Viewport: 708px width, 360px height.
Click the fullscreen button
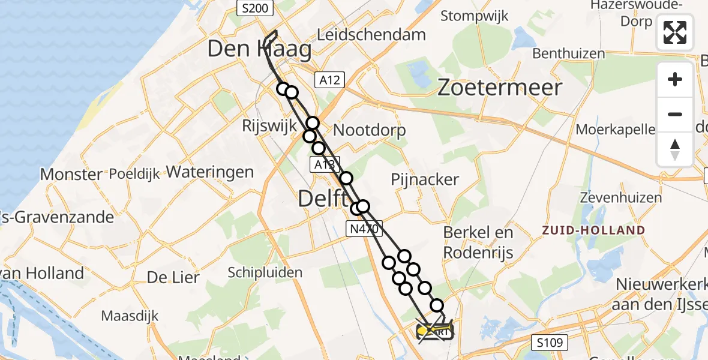point(675,32)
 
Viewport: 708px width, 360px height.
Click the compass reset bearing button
point(675,149)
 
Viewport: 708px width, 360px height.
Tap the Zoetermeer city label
point(499,88)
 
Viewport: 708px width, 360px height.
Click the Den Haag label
point(259,50)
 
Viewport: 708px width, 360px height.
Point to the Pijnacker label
point(425,179)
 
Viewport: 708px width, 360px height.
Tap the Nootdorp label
point(369,130)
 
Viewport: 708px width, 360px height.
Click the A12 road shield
point(329,79)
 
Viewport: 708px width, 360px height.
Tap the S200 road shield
point(255,8)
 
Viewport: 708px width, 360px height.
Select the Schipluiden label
point(265,272)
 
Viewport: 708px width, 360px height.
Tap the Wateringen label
point(209,172)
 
